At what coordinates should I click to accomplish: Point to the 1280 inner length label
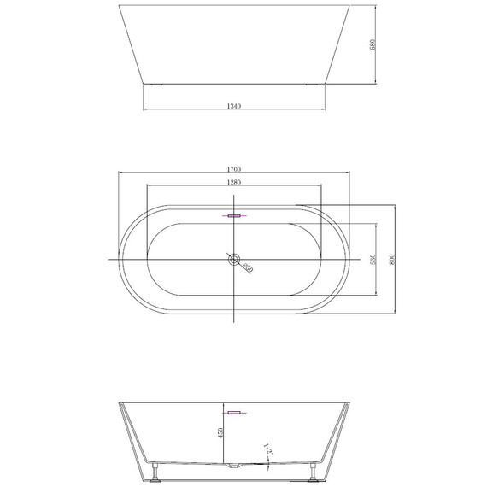point(233,182)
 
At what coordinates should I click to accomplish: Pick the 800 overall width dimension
point(391,259)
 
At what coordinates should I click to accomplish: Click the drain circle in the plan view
point(233,258)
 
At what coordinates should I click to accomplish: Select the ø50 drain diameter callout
point(247,267)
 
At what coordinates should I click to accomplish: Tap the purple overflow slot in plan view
point(233,216)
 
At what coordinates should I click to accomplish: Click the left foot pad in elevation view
point(155,85)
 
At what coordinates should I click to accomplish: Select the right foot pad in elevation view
point(313,85)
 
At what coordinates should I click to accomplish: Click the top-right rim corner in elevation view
point(351,7)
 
